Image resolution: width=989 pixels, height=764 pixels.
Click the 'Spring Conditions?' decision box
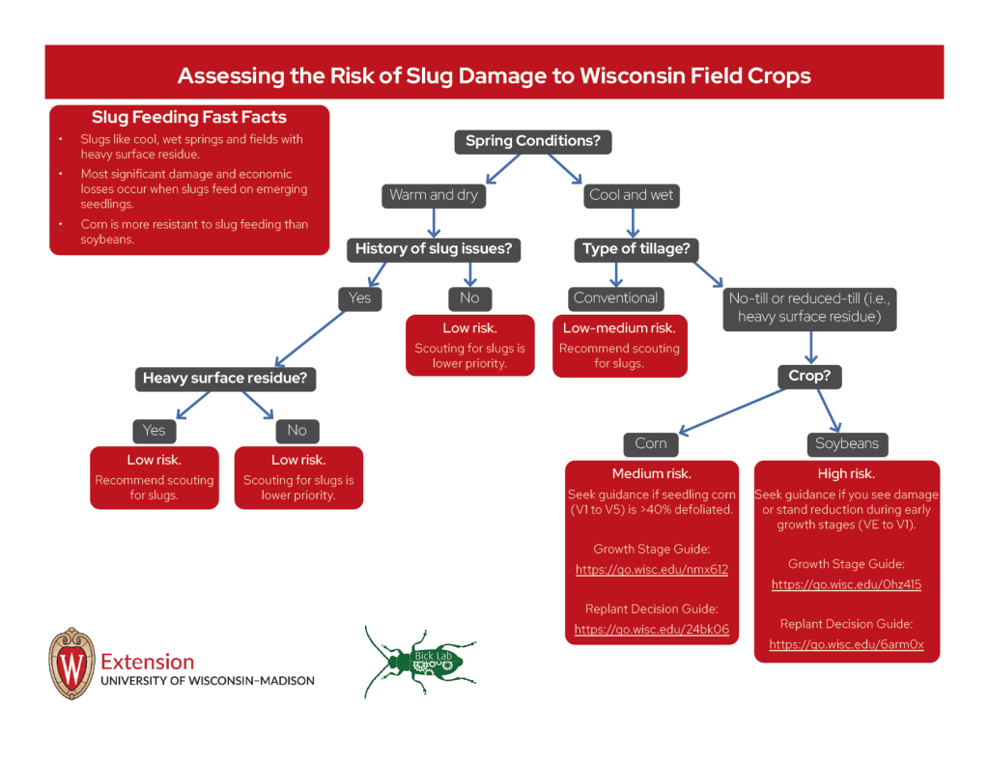click(x=532, y=141)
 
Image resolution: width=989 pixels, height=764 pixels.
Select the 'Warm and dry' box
click(x=434, y=195)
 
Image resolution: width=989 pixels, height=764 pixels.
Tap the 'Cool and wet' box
click(x=631, y=195)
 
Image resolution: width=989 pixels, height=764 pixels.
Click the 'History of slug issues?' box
click(x=434, y=249)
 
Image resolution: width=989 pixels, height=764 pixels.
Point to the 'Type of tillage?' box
click(x=636, y=249)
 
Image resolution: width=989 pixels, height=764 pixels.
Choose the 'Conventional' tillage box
click(x=615, y=298)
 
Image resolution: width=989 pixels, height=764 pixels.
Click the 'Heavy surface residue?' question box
click(x=224, y=379)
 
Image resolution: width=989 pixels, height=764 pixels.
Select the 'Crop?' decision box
click(x=809, y=376)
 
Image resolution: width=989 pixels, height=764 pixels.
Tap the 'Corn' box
click(x=651, y=443)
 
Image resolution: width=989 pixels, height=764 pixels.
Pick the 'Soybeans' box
click(x=846, y=443)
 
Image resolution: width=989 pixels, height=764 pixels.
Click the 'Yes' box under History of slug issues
click(x=359, y=298)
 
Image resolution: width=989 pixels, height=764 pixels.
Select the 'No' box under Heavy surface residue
click(x=297, y=431)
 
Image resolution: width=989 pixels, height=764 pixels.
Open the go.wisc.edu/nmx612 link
click(x=651, y=570)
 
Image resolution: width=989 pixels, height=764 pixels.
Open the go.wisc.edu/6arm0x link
click(x=846, y=644)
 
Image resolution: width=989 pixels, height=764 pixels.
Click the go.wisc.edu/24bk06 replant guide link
click(x=651, y=630)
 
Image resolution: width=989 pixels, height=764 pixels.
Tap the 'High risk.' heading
click(x=846, y=474)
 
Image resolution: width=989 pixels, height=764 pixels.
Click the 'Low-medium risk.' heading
click(x=619, y=328)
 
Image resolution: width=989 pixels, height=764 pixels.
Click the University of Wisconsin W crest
click(x=71, y=664)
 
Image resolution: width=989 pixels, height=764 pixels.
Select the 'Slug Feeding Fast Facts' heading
click(x=189, y=118)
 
